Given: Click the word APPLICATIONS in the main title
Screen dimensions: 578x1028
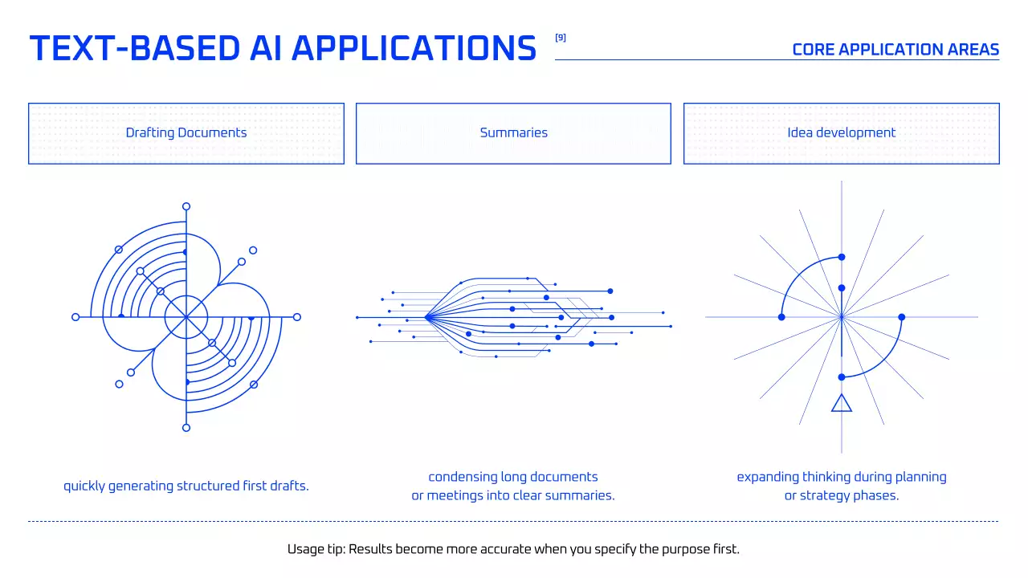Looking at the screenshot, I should pyautogui.click(x=414, y=48).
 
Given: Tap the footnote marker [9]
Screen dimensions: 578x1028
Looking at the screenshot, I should pyautogui.click(x=561, y=37).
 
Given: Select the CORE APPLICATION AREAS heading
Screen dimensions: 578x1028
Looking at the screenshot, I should pyautogui.click(x=895, y=50).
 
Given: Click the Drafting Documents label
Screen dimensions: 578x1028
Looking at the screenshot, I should pyautogui.click(x=186, y=133).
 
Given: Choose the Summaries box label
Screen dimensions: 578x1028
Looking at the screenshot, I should pyautogui.click(x=513, y=133).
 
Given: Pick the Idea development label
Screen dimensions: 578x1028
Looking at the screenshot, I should pyautogui.click(x=841, y=133).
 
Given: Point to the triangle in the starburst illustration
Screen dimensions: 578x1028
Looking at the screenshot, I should pyautogui.click(x=842, y=403).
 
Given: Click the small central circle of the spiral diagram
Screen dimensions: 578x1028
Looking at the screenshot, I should pyautogui.click(x=186, y=317).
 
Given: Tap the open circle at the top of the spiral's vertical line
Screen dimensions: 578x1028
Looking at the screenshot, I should pyautogui.click(x=186, y=206).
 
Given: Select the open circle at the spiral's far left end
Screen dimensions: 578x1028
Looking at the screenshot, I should pyautogui.click(x=75, y=317).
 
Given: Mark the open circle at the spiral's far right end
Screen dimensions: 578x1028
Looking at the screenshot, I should pyautogui.click(x=297, y=317).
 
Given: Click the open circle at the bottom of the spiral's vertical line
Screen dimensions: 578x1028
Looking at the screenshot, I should pyautogui.click(x=186, y=428).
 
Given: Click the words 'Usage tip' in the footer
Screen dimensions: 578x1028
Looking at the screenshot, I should pyautogui.click(x=315, y=550).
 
